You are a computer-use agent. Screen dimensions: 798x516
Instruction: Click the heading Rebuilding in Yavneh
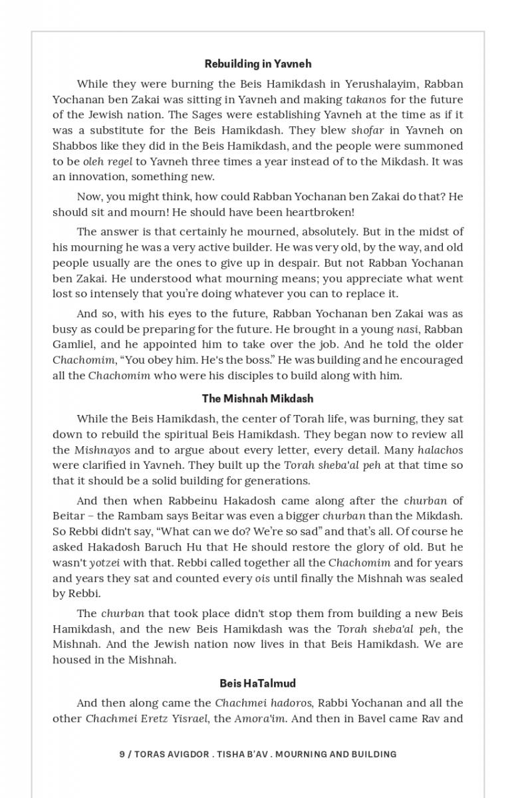[258, 64]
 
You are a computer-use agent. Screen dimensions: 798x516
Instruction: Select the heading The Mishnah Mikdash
[258, 398]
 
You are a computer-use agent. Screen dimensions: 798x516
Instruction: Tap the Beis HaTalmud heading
[258, 683]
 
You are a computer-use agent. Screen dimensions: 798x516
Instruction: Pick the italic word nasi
[407, 329]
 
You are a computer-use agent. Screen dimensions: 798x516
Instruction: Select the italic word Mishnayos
[101, 450]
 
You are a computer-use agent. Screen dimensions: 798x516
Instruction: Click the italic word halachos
[440, 450]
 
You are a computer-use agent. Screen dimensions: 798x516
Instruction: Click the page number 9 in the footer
[122, 754]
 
